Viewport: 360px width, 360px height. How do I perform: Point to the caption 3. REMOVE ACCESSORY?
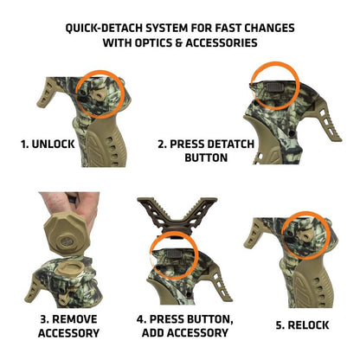68,325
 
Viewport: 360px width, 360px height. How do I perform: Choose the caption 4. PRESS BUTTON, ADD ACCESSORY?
184,325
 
